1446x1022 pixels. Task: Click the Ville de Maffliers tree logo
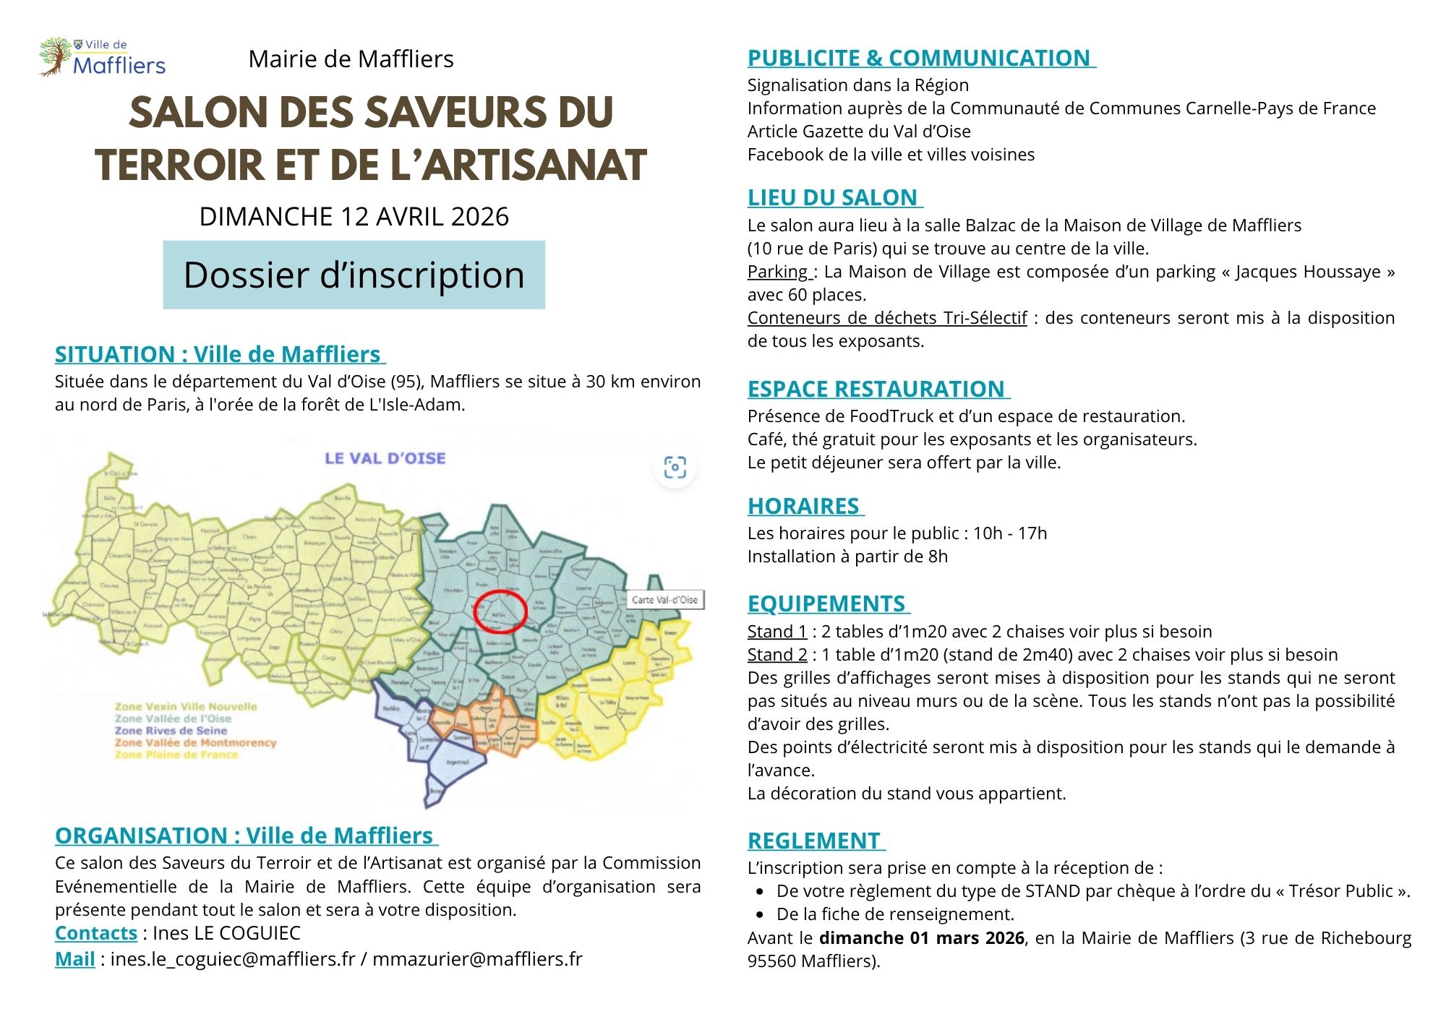coord(55,57)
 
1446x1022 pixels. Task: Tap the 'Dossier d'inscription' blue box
coord(354,275)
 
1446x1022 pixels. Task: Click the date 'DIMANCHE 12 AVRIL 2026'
coord(354,216)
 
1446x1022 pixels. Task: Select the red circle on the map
coord(500,611)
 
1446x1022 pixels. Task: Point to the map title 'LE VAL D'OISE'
coord(385,458)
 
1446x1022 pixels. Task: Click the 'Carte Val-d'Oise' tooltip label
coord(664,599)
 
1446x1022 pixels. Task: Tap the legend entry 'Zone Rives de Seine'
coord(171,731)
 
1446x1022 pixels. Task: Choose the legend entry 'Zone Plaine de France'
coord(176,755)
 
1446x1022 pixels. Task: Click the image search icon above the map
coord(675,468)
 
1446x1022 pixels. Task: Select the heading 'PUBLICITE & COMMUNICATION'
coord(919,58)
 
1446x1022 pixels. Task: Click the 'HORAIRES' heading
coord(803,506)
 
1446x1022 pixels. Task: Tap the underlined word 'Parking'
coord(778,272)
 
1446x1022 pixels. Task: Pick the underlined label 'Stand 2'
coord(777,655)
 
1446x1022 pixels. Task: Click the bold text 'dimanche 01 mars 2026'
coord(921,938)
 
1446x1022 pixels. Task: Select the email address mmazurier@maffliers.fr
coord(477,959)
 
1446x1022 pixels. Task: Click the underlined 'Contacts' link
coord(96,933)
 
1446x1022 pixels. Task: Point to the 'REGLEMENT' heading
coord(814,841)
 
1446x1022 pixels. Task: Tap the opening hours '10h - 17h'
coord(1009,533)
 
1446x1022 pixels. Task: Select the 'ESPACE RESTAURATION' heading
coord(876,389)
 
